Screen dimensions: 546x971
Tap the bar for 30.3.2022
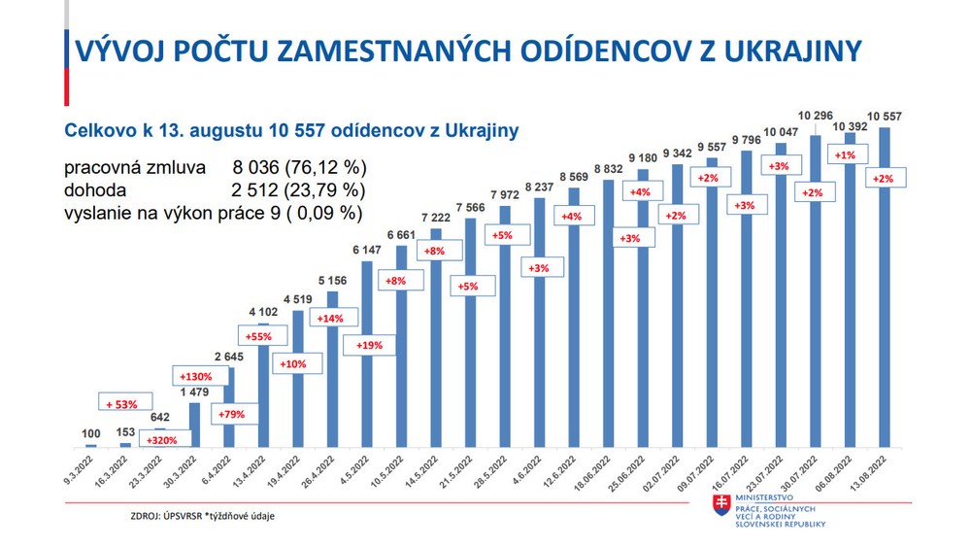[194, 424]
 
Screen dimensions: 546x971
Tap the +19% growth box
[370, 344]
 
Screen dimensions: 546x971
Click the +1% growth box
[845, 155]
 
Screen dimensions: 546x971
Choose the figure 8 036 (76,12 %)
[299, 168]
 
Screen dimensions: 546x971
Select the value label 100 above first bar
[90, 433]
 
